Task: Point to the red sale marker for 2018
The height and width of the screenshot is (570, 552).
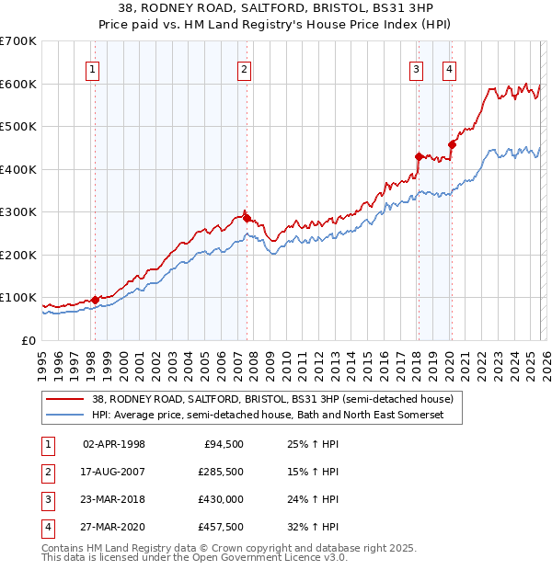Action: click(418, 156)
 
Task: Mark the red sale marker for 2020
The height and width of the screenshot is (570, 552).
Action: click(451, 144)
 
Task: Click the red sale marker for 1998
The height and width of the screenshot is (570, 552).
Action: click(95, 300)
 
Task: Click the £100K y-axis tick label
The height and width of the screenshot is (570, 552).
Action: click(18, 298)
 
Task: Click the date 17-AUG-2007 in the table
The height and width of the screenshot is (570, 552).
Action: click(114, 471)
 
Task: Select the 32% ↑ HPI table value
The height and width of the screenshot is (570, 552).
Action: click(313, 527)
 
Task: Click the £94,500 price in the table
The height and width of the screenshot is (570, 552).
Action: click(222, 443)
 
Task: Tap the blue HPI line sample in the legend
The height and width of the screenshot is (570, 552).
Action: click(65, 416)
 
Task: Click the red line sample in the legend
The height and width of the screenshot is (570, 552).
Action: click(65, 400)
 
